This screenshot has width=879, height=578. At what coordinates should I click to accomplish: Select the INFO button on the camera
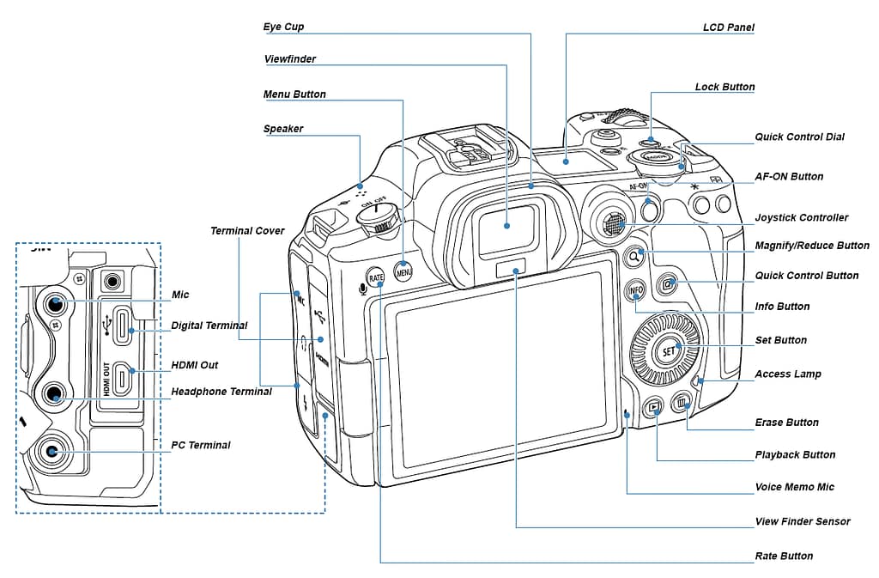click(635, 290)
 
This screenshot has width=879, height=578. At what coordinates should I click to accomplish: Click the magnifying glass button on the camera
click(634, 255)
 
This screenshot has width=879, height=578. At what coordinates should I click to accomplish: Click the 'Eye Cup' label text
click(283, 27)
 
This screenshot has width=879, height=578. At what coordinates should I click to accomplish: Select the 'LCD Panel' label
click(728, 27)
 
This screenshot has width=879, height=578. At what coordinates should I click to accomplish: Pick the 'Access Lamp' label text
click(787, 374)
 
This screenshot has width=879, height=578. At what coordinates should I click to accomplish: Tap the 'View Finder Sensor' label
click(802, 521)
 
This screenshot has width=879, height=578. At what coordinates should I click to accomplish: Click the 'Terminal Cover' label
click(248, 231)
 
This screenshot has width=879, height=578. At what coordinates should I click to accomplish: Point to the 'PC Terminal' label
click(200, 445)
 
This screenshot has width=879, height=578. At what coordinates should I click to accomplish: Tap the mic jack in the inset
click(56, 303)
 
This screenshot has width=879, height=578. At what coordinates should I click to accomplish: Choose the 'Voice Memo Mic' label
click(794, 487)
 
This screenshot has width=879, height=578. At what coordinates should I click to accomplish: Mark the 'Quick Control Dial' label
click(799, 137)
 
